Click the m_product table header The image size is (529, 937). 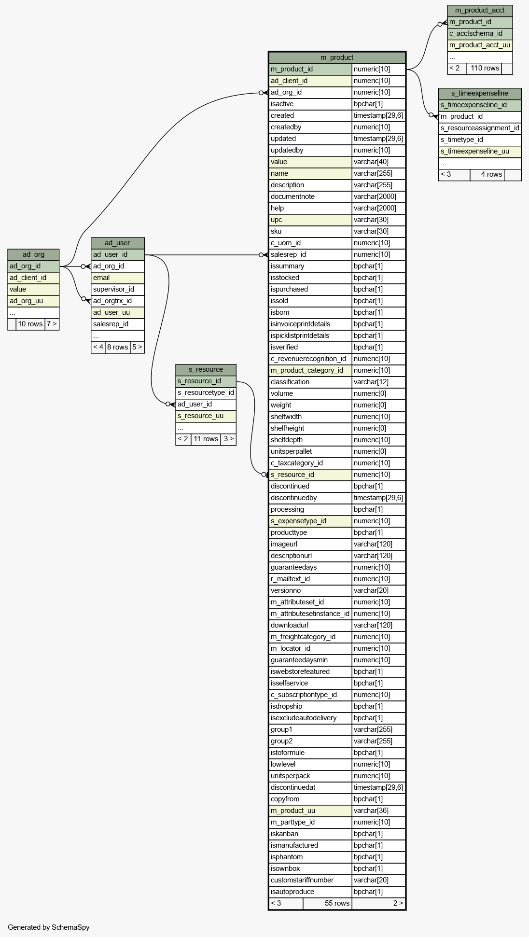pos(337,57)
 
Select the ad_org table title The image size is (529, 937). pos(33,254)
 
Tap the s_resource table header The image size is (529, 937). pos(206,369)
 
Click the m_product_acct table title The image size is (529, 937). pos(480,10)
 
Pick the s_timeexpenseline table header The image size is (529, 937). pos(480,93)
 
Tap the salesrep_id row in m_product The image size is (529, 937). pos(337,254)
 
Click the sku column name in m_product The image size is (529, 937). pos(276,231)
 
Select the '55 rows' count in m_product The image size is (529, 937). pos(337,903)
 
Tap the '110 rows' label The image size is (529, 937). pos(485,68)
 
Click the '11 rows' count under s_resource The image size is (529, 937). pos(206,439)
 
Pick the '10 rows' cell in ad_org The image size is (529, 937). pos(30,324)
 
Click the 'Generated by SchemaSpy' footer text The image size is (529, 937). pos(49,927)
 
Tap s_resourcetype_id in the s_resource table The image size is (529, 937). pos(206,392)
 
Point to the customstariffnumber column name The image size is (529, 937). pos(302,880)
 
